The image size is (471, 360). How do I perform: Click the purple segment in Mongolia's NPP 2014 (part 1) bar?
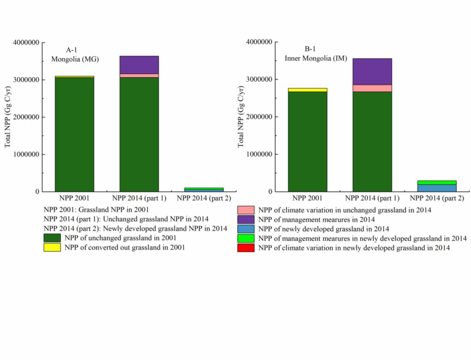[139, 65]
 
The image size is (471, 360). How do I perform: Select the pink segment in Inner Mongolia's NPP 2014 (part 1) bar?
[372, 88]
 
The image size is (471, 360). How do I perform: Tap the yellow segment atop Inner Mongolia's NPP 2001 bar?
[307, 89]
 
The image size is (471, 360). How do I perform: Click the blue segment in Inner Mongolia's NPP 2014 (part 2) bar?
[437, 188]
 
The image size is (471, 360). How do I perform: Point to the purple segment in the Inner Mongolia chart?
[372, 71]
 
